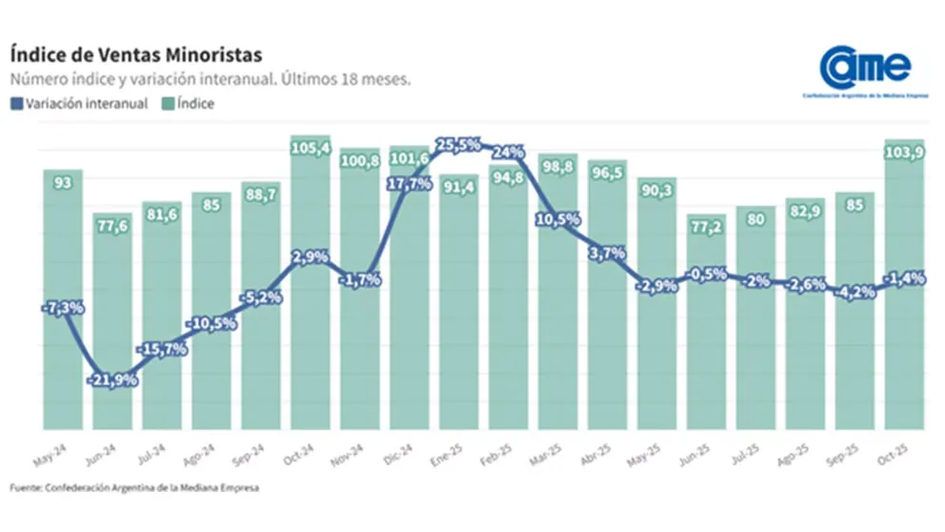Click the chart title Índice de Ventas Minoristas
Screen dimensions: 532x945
point(133,53)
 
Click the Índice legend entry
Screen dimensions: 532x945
point(191,104)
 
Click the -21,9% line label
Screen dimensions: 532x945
point(112,379)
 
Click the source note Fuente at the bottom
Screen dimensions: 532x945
point(133,488)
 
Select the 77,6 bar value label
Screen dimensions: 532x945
point(112,226)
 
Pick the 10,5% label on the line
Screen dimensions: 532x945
point(558,218)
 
